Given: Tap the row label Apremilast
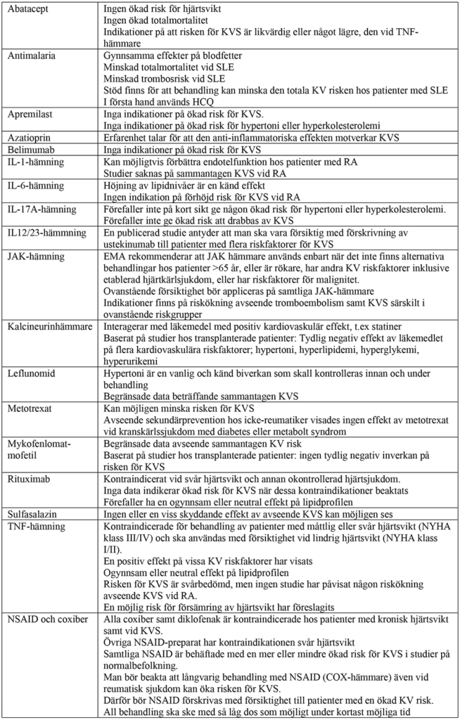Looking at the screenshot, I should click(29, 114).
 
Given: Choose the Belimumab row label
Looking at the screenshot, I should click(30, 150).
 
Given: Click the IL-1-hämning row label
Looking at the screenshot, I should click(34, 162).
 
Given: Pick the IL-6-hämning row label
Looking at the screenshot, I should click(34, 186).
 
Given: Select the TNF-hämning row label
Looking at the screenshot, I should click(36, 526).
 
